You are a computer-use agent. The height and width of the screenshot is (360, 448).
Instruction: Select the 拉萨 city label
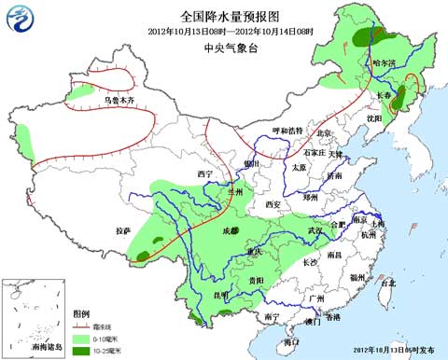(124, 230)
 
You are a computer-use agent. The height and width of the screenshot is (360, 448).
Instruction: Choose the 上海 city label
(377, 225)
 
